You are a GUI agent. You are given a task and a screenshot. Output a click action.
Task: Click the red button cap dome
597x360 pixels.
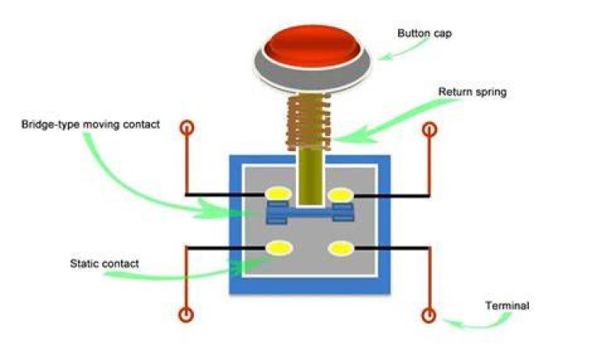[x=312, y=45]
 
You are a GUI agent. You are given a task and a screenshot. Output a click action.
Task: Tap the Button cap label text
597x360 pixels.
[x=425, y=33]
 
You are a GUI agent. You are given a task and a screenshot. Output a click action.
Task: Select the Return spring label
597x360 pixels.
[x=473, y=92]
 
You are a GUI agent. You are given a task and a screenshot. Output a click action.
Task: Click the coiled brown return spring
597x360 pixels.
[x=308, y=122]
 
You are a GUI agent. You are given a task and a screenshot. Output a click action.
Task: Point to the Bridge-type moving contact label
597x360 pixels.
[x=90, y=124]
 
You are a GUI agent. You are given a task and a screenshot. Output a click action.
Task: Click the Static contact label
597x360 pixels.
[x=104, y=264]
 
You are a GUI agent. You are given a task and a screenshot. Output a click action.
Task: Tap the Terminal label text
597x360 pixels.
[x=507, y=305]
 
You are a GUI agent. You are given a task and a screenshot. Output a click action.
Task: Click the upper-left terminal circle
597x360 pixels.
[x=187, y=128]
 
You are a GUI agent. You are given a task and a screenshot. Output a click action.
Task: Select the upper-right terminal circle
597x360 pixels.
[x=430, y=129]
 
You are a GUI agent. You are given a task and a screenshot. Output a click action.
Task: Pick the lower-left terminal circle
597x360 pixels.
[x=187, y=314]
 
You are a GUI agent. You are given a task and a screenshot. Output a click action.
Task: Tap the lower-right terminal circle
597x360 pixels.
[x=429, y=315]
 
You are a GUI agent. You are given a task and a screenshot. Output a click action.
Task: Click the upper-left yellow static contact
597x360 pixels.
[x=279, y=194]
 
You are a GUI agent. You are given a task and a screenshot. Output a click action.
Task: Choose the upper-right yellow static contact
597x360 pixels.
[x=341, y=195]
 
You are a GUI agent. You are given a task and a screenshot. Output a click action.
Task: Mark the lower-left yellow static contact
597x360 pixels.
[x=279, y=248]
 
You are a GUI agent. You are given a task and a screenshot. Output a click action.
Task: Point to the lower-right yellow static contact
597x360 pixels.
[x=341, y=249]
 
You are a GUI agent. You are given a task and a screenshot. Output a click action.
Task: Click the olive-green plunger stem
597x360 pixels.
[x=311, y=177]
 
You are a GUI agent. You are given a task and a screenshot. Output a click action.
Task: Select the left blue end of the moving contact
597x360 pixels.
[x=277, y=213]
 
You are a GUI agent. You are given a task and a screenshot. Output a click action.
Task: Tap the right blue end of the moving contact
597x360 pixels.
[x=343, y=212]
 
